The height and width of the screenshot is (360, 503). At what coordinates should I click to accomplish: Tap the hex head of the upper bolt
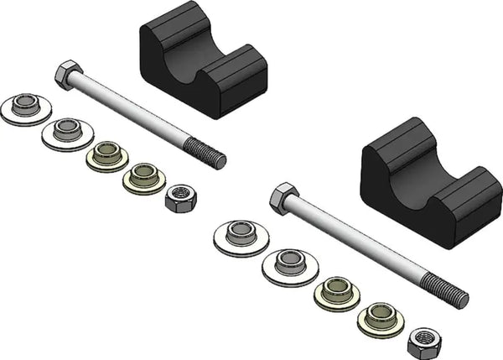67,75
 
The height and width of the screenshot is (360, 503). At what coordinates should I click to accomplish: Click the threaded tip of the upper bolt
205,154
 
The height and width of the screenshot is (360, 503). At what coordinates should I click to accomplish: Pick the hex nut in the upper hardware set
180,199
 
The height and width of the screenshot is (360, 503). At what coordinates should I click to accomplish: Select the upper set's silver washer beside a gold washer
67,133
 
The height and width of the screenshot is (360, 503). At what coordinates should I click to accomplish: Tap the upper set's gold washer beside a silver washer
106,156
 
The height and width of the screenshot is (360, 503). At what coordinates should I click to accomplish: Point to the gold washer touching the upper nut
143,177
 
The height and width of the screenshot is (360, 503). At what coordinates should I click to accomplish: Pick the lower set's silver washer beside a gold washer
290,265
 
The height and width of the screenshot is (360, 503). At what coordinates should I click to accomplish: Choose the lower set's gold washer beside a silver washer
337,293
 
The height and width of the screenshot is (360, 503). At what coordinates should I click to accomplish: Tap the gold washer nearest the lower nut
380,319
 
